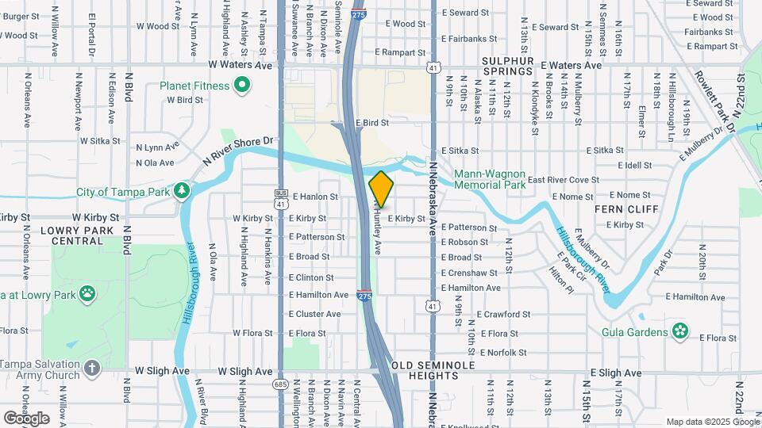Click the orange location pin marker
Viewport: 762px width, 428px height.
click(x=382, y=189)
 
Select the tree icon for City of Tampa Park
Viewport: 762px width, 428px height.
click(x=183, y=191)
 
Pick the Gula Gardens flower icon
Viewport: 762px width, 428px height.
click(x=680, y=331)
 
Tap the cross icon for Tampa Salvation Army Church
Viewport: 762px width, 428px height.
click(x=93, y=369)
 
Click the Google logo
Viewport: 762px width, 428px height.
click(x=26, y=418)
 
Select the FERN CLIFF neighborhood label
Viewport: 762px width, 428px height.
click(x=627, y=209)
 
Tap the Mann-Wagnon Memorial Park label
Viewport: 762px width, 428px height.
click(x=490, y=179)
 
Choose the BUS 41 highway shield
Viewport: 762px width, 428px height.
click(x=280, y=200)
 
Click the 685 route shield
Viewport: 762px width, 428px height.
click(x=280, y=384)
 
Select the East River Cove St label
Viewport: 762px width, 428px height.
click(x=563, y=180)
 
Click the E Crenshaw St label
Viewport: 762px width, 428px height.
click(x=469, y=273)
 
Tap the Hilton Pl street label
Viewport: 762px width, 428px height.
click(x=560, y=279)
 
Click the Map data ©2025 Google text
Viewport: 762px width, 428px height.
click(x=711, y=422)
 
